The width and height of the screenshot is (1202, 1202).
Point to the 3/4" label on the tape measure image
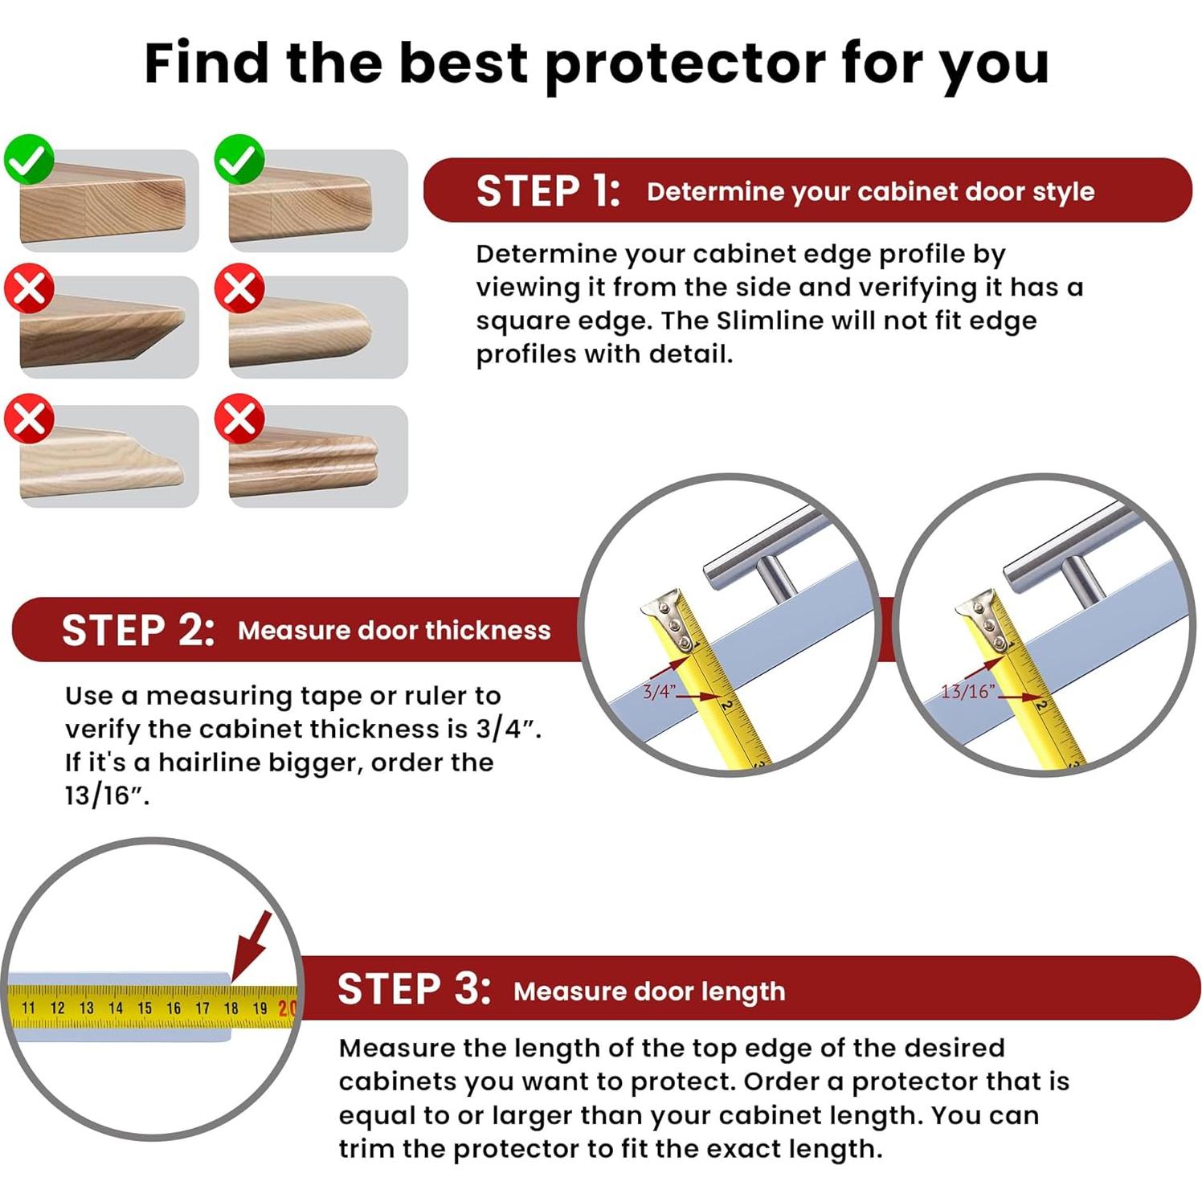point(658,692)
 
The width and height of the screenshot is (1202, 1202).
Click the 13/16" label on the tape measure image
point(967,691)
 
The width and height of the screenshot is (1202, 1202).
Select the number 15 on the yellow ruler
point(145,1008)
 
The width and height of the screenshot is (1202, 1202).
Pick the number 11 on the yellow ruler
point(29,1008)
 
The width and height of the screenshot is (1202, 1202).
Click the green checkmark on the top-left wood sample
point(29,159)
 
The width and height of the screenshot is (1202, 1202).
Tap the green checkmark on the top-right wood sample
point(239,159)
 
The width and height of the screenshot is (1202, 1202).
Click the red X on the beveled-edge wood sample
point(29,288)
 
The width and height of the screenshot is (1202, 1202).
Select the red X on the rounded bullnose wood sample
point(239,288)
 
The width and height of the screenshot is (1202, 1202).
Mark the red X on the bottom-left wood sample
point(29,418)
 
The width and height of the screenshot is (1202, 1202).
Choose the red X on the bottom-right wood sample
point(239,418)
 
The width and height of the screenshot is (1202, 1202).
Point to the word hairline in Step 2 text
point(207,762)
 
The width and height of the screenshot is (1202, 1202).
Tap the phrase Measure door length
point(649,991)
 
